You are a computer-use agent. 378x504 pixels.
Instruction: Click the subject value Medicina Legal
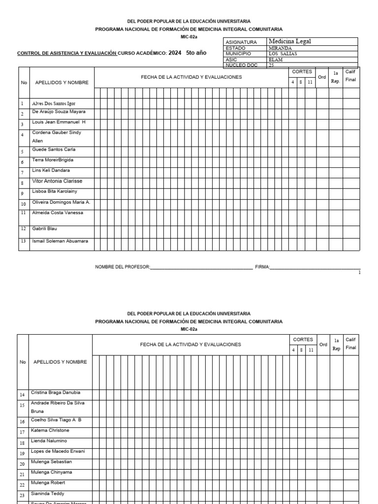[289, 41]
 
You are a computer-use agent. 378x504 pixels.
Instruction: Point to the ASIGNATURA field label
[241, 42]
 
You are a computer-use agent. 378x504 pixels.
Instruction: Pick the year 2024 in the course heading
[175, 54]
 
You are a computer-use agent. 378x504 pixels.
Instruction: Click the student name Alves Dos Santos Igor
[54, 104]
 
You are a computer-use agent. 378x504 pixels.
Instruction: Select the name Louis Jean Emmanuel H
[59, 122]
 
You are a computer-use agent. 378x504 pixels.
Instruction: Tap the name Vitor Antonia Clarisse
[57, 181]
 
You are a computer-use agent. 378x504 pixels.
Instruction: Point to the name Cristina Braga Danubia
[56, 392]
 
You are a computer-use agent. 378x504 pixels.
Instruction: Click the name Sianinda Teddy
[47, 493]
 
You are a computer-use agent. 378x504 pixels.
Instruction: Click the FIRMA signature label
[262, 267]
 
